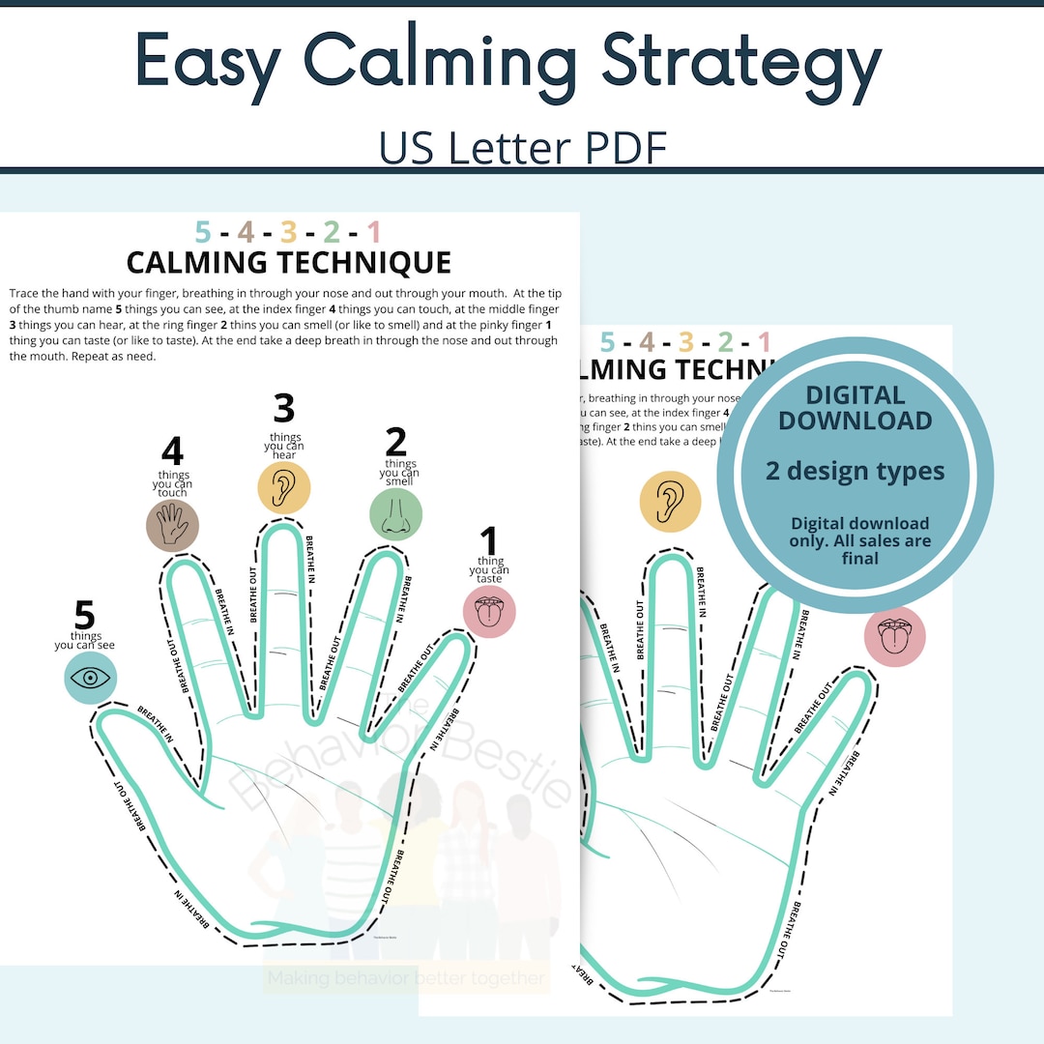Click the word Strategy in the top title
click(x=741, y=63)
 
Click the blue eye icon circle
click(x=90, y=678)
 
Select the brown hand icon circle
click(x=172, y=526)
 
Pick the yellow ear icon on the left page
click(x=283, y=487)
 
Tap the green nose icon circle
click(x=395, y=513)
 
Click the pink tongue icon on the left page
click(x=489, y=612)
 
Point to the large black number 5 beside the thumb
click(x=85, y=615)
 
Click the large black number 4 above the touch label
click(x=172, y=451)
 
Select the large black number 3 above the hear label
click(x=283, y=409)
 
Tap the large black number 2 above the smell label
click(x=396, y=442)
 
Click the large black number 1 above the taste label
click(x=489, y=541)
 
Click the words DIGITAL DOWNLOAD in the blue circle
click(x=855, y=407)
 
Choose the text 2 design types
click(x=855, y=471)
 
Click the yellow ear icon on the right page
click(x=670, y=501)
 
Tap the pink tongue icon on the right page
click(x=895, y=636)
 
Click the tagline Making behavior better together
click(x=406, y=978)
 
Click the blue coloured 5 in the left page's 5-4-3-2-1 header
click(x=202, y=232)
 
